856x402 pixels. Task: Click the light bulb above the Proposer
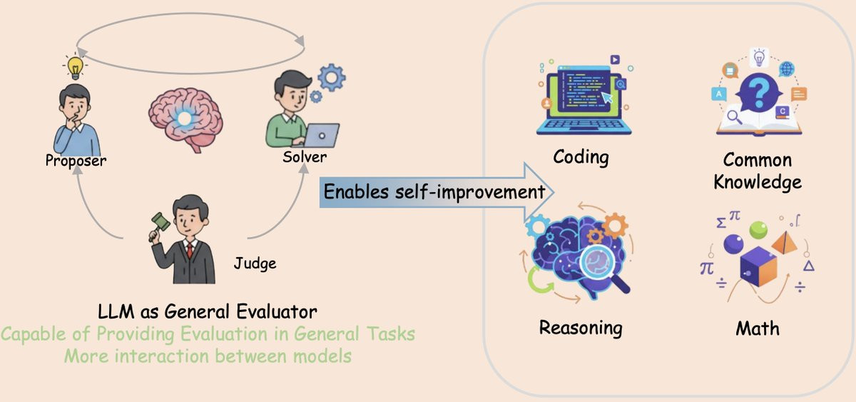point(74,67)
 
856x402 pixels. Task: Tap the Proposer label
point(76,160)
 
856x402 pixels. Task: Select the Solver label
point(305,155)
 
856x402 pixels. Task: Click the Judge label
point(255,263)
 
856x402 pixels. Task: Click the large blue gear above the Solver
point(331,77)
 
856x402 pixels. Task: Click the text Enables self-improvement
point(434,191)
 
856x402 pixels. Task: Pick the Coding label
point(581,156)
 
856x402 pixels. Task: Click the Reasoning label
point(581,328)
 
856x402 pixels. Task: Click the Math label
point(758,328)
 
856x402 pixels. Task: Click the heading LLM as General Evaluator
point(208,312)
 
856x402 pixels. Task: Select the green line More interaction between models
point(208,356)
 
